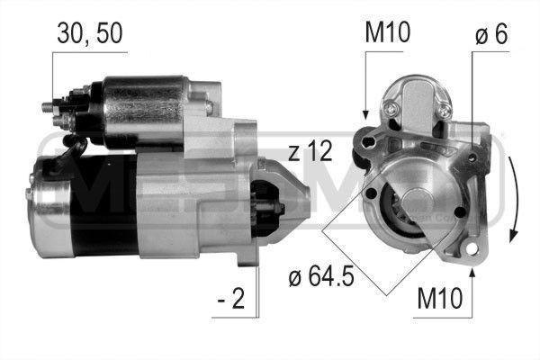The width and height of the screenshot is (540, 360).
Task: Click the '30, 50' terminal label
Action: click(88, 34)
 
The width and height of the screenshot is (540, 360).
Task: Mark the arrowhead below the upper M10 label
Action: click(365, 115)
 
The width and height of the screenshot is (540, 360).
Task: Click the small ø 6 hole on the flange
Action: click(459, 212)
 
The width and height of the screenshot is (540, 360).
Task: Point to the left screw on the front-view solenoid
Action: click(392, 110)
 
